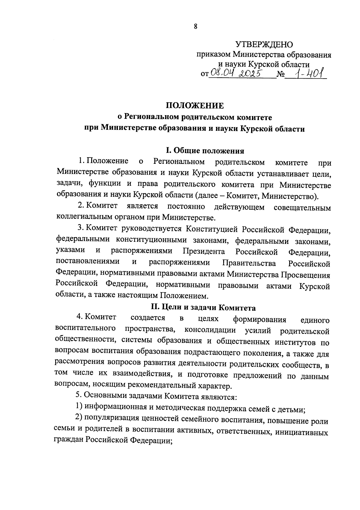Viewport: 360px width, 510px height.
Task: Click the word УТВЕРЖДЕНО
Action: (x=264, y=45)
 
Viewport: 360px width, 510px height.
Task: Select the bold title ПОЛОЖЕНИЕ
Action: (x=195, y=106)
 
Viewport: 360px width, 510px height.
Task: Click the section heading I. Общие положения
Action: (x=205, y=151)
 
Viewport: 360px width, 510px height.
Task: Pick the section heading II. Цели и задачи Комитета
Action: (x=203, y=308)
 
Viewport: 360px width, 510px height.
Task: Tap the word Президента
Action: (x=204, y=251)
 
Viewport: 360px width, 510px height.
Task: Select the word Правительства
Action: (x=249, y=263)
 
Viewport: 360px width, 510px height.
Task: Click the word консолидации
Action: (x=210, y=330)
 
